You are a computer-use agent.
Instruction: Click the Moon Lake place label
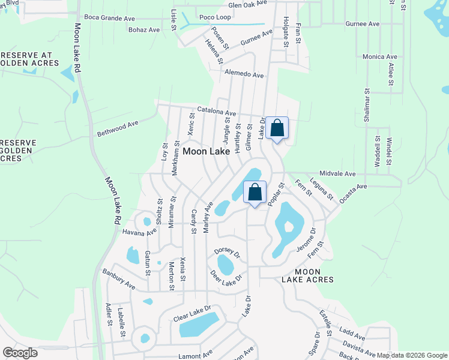point(206,152)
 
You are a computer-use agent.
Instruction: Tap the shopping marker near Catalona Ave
point(277,128)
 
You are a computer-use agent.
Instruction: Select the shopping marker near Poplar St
point(255,193)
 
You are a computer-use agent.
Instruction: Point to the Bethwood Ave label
point(117,128)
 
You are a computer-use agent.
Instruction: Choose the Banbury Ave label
point(118,279)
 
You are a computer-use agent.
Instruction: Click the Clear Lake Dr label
point(193,313)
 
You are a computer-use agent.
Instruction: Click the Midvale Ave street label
point(338,173)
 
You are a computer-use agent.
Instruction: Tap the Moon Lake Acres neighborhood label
point(306,275)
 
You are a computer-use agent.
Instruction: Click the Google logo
point(20,352)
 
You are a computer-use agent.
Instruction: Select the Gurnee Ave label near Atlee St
point(362,24)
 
